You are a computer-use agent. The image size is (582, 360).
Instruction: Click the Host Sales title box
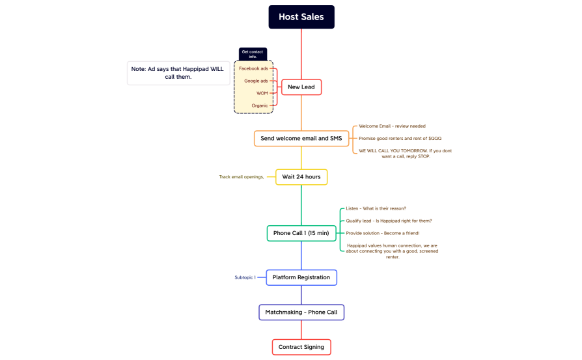[x=301, y=17]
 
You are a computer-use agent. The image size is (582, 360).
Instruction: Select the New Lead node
[x=301, y=87]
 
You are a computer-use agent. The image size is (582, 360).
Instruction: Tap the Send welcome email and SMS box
[x=301, y=139]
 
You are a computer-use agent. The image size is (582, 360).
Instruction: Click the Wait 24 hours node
[x=301, y=177]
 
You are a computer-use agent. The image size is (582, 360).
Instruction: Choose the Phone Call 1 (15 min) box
[x=301, y=233]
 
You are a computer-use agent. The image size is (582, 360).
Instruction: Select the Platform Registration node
[x=301, y=277]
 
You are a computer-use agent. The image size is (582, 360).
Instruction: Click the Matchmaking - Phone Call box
[x=301, y=312]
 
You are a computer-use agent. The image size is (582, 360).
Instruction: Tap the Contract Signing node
[x=301, y=347]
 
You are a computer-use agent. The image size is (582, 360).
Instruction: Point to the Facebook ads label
[x=253, y=68]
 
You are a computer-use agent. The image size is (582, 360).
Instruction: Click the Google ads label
[x=256, y=81]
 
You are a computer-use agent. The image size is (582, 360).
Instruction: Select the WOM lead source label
[x=262, y=93]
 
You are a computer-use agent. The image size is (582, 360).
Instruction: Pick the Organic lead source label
[x=260, y=105]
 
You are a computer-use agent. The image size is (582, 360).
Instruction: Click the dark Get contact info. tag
[x=253, y=54]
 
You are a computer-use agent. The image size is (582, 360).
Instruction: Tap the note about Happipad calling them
[x=179, y=73]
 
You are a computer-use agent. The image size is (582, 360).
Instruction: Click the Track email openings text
[x=242, y=177]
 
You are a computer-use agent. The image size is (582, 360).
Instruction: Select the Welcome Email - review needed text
[x=392, y=126]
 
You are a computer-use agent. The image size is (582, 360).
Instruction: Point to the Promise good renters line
[x=400, y=139]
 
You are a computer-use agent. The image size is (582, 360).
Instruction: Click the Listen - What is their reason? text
[x=376, y=208]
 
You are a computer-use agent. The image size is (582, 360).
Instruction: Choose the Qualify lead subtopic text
[x=389, y=221]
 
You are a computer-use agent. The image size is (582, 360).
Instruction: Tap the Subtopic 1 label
[x=245, y=277]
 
